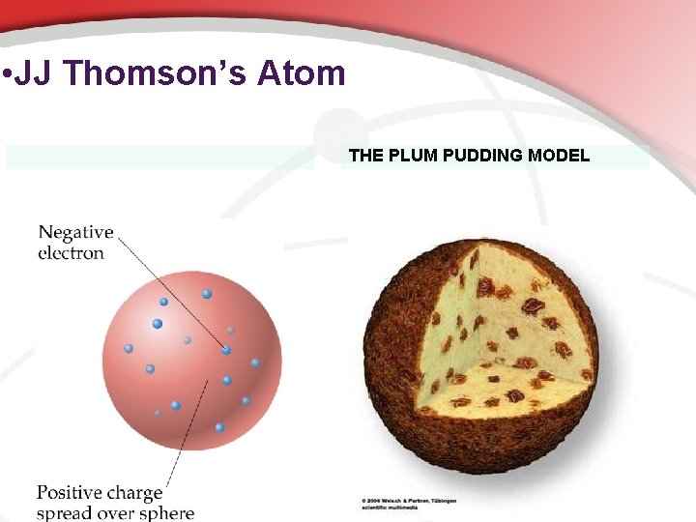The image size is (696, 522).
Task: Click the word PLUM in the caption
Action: [x=412, y=156]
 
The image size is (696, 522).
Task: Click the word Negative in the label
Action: [x=75, y=233]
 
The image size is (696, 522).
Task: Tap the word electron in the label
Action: [x=71, y=253]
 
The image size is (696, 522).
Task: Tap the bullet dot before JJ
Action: [x=7, y=74]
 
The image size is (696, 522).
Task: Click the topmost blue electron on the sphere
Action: [x=207, y=294]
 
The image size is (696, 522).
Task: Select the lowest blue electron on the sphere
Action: [x=219, y=427]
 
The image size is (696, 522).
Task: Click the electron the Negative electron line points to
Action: [x=226, y=350]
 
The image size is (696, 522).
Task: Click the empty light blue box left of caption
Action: [x=159, y=157]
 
